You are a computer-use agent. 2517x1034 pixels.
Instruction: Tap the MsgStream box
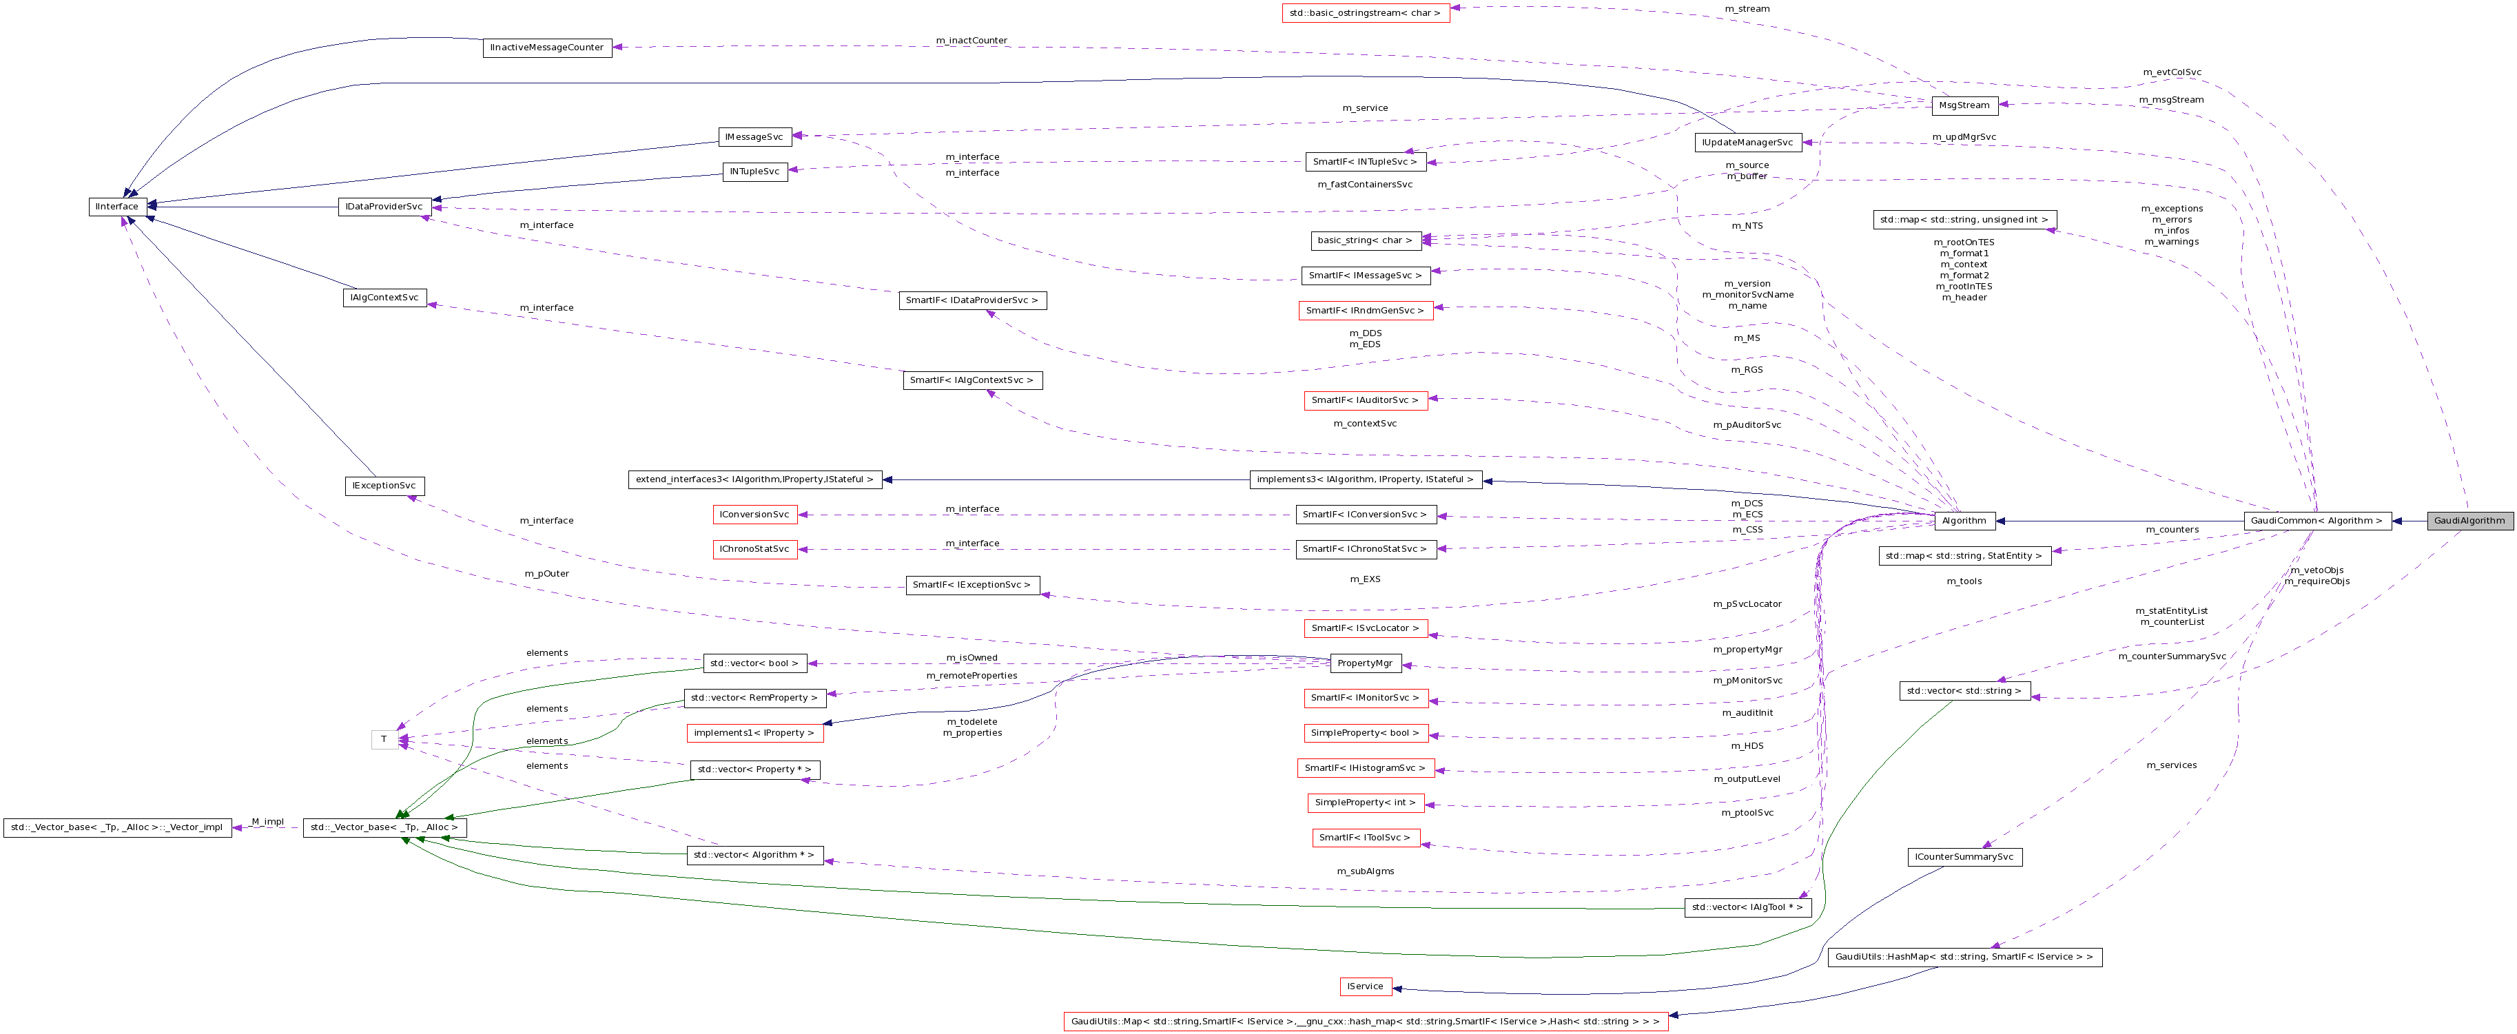point(1964,105)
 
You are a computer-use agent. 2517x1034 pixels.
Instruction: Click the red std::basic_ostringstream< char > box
point(1364,12)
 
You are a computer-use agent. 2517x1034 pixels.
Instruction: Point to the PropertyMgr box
point(1365,663)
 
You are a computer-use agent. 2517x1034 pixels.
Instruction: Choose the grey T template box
point(384,740)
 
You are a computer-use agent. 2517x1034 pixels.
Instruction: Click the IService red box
point(1364,986)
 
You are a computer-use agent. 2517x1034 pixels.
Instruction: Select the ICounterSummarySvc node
point(1964,857)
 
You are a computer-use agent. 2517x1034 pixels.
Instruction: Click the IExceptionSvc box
point(384,486)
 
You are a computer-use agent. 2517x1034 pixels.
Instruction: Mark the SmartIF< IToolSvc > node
point(1364,838)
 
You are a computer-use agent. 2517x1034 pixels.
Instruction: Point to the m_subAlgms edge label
point(1364,871)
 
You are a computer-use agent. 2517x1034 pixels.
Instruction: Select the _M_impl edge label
point(267,821)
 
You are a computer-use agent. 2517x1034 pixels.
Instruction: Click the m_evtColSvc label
point(2171,72)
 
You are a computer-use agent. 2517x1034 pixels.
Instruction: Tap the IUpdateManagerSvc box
point(1747,143)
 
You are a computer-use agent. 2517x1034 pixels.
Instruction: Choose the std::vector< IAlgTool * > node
point(1747,907)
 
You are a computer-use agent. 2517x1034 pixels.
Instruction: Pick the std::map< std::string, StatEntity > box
point(1963,556)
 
